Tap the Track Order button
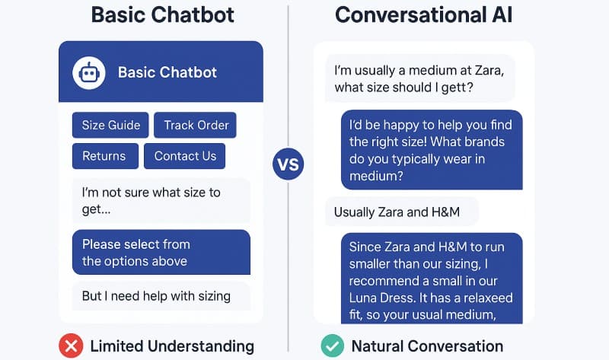196,126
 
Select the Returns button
104,156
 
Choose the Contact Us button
185,156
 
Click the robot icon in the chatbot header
89,73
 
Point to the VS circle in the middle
288,164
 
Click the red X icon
71,346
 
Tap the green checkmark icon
332,346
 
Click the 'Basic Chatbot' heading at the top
161,15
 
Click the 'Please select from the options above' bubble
161,253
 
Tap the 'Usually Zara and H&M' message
402,212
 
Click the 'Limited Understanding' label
171,346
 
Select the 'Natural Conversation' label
427,346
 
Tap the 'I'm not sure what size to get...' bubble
161,201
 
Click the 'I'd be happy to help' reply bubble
432,150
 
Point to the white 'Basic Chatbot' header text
167,73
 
